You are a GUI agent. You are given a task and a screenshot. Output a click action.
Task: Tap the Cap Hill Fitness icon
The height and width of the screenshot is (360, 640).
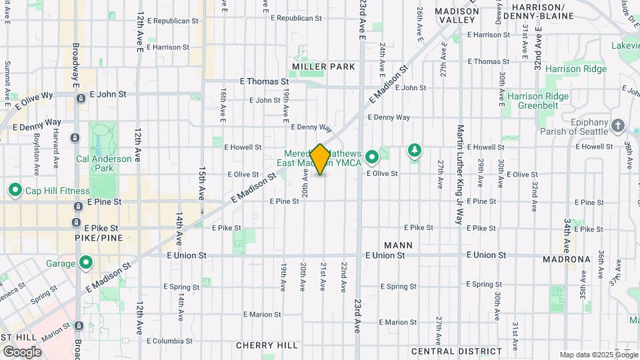point(15,191)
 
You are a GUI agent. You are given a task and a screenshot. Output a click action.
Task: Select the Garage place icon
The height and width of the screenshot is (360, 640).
point(85,263)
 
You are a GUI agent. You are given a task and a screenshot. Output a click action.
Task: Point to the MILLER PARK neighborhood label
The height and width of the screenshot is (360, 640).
point(323,67)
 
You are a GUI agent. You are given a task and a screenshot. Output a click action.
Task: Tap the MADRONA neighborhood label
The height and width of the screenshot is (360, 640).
point(566,259)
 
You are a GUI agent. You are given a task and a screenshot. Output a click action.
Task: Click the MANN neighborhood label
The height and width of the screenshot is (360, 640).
point(398,245)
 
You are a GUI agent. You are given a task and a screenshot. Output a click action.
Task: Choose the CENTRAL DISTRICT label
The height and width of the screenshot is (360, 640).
point(451,351)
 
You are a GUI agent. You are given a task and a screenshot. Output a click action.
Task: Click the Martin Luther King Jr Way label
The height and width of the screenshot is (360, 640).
point(459,175)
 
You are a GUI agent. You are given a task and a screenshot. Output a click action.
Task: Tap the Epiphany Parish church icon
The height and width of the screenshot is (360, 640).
point(618,125)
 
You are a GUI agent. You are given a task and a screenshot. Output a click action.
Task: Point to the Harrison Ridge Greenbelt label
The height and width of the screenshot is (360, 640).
point(538,101)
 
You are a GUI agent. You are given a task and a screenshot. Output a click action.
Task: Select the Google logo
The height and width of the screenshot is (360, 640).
point(22,351)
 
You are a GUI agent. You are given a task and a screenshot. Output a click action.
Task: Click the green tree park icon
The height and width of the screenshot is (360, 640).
point(415,150)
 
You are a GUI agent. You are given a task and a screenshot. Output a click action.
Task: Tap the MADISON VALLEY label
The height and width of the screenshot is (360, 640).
point(457,15)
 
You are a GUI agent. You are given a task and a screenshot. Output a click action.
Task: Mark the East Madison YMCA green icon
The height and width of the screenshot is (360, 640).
point(372,157)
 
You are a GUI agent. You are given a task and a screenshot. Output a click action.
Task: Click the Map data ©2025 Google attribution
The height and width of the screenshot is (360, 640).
point(598,355)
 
